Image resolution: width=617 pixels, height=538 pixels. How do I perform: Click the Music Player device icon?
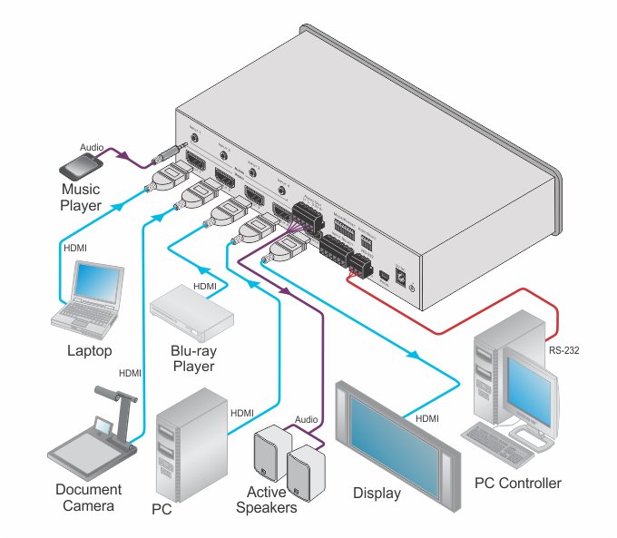pyautogui.click(x=80, y=167)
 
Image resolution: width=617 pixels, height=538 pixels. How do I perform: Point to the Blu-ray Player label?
pyautogui.click(x=192, y=359)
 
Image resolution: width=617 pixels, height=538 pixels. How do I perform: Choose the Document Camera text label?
pyautogui.click(x=88, y=497)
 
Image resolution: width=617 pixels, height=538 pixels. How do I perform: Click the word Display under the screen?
pyautogui.click(x=377, y=494)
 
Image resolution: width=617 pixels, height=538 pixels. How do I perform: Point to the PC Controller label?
pyautogui.click(x=517, y=483)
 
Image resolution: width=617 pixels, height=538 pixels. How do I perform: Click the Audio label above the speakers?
pyautogui.click(x=306, y=420)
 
